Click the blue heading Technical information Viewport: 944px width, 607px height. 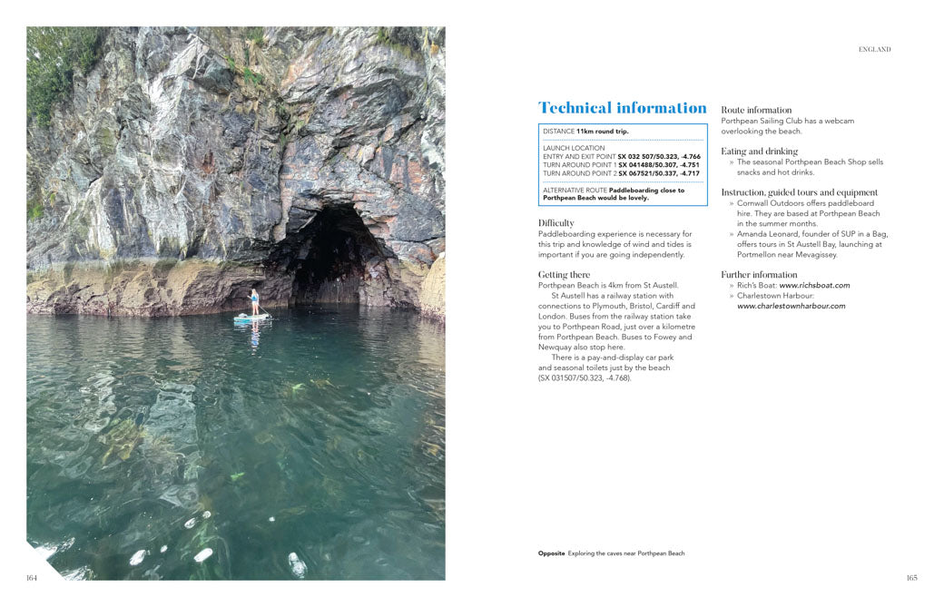point(622,108)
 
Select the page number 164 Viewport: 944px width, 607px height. point(32,577)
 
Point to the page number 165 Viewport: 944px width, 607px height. point(911,577)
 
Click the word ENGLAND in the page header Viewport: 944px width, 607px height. point(874,50)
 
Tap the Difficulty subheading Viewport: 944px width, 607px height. point(556,223)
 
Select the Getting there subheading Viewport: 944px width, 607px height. point(564,275)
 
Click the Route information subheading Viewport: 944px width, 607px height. point(756,110)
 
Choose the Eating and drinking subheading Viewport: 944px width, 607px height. point(759,152)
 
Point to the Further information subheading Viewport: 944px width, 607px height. point(759,275)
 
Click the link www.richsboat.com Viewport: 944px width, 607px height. point(814,286)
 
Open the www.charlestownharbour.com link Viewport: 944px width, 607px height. point(791,306)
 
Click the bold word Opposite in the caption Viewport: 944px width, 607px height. point(551,553)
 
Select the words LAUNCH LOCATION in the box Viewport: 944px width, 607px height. point(573,148)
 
